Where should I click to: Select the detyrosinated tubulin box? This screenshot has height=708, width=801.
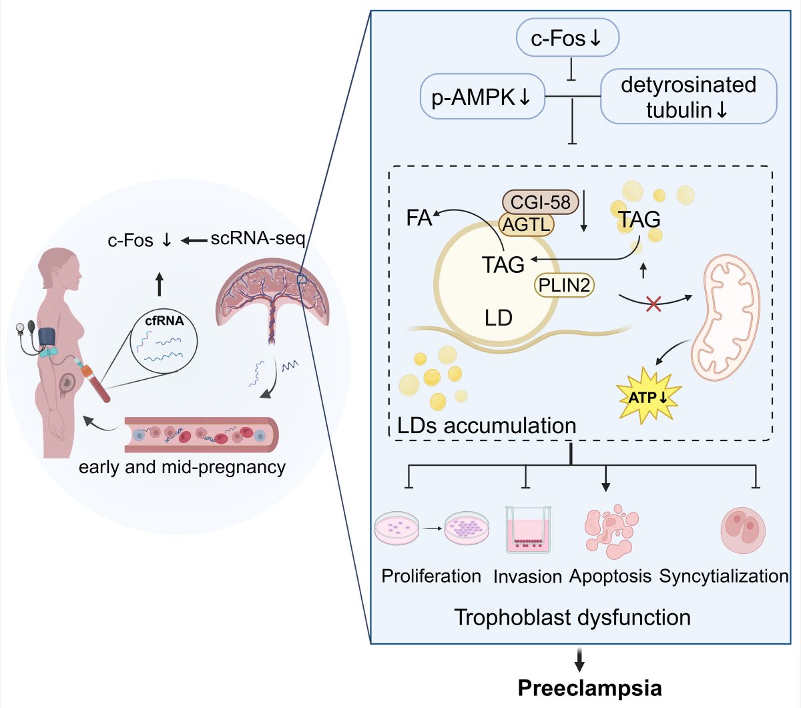tap(689, 96)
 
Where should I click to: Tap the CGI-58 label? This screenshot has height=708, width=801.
tap(541, 202)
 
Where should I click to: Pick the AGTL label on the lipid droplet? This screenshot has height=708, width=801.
tap(526, 224)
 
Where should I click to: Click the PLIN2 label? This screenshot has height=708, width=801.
tap(564, 285)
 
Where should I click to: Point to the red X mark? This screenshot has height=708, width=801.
tap(653, 304)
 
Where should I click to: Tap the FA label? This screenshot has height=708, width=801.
tap(419, 218)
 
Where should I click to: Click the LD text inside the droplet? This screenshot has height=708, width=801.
tap(499, 318)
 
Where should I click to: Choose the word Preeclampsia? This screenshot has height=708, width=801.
tap(590, 688)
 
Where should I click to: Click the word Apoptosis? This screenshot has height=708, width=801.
tap(611, 577)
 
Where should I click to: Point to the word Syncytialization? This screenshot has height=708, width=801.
tap(724, 577)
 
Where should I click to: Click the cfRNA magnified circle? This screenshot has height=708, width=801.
tap(164, 340)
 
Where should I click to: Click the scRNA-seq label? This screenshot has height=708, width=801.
tap(258, 239)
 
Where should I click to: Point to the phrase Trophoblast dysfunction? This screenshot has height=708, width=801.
tap(573, 617)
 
